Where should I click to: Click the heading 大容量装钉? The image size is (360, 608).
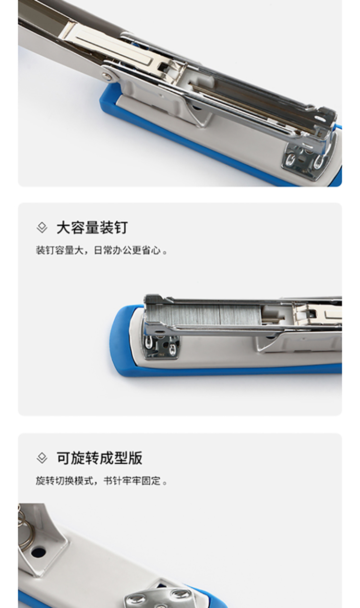pyautogui.click(x=92, y=228)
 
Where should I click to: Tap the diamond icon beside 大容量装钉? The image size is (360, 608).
pyautogui.click(x=42, y=228)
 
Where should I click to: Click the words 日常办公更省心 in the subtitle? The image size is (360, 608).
pyautogui.click(x=127, y=250)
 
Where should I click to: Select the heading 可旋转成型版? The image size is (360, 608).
pyautogui.click(x=99, y=458)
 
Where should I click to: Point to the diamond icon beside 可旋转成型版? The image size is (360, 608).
pyautogui.click(x=42, y=459)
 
